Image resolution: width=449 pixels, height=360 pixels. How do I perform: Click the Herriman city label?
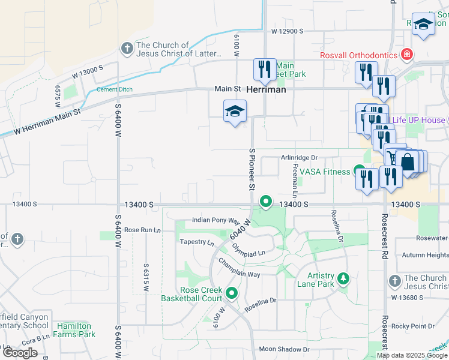coord(266,89)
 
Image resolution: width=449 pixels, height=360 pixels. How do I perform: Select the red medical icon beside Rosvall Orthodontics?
coord(407,55)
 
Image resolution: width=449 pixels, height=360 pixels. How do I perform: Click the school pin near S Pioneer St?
coord(235,111)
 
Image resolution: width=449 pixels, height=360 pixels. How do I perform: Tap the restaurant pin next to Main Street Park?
coord(265,70)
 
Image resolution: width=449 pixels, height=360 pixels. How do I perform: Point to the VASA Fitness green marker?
coord(359,171)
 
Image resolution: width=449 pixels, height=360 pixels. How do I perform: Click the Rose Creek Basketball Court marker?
coord(231,294)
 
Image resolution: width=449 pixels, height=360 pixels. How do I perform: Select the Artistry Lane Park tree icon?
coord(343,278)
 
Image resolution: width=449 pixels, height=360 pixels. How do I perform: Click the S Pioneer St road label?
coord(252,170)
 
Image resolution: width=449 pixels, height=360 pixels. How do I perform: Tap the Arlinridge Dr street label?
coord(298,158)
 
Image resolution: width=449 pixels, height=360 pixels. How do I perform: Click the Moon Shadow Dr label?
coord(284,349)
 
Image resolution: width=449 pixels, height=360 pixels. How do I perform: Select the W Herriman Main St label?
coord(46,121)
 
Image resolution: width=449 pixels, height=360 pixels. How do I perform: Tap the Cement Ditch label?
coord(114,90)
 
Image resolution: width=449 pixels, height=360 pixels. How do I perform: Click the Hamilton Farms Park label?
coord(75,330)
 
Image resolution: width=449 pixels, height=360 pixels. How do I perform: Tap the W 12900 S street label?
coord(287,31)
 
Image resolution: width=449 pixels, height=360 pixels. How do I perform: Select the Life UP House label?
coord(418,120)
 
